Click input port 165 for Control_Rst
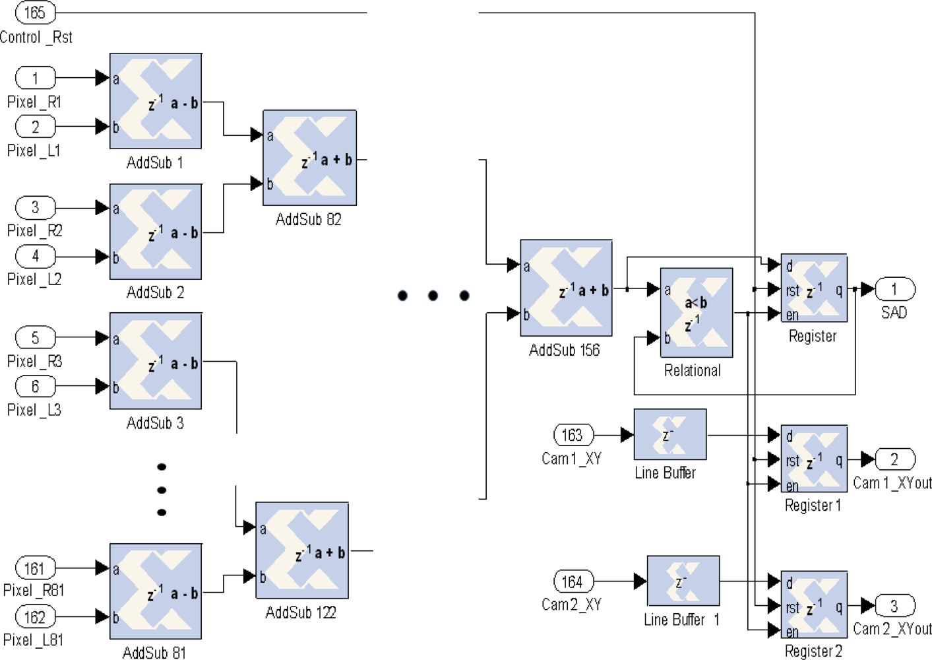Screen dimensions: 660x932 [35, 12]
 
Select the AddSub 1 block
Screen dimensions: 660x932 [156, 101]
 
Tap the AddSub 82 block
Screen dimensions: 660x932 [309, 158]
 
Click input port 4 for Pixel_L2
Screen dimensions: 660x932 [35, 256]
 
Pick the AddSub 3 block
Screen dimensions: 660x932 [156, 361]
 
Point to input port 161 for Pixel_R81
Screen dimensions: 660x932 [35, 568]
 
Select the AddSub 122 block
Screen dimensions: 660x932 [302, 550]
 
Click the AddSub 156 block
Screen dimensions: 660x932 [566, 288]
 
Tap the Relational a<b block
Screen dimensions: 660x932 [696, 312]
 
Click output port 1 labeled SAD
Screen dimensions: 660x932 [894, 289]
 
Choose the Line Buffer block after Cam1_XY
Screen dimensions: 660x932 [669, 434]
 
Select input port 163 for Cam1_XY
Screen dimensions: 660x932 [573, 435]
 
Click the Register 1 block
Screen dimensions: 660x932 [813, 459]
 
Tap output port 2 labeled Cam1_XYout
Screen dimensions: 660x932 [894, 459]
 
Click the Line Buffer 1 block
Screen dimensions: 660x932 [683, 581]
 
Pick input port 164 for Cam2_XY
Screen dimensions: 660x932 [573, 581]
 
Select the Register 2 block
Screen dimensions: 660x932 [813, 605]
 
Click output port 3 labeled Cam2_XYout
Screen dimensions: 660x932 [894, 605]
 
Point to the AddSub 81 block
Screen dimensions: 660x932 [156, 591]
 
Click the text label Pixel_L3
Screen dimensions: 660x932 [34, 410]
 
